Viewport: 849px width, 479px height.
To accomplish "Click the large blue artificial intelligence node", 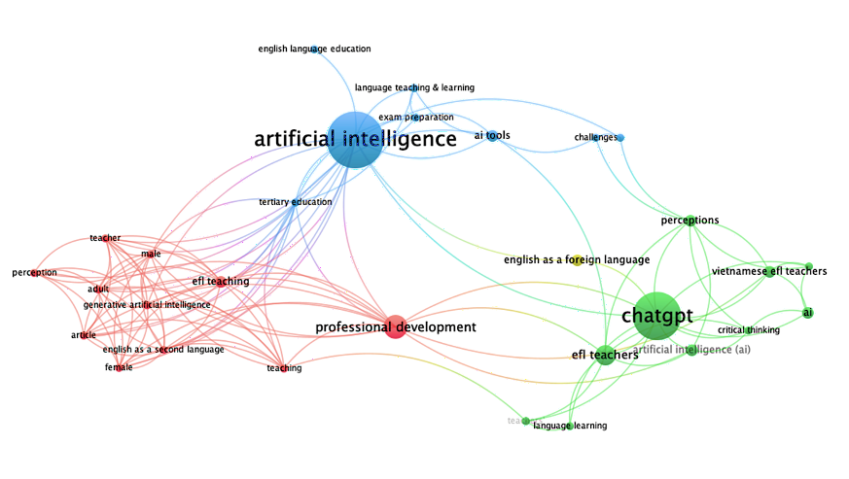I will [354, 140].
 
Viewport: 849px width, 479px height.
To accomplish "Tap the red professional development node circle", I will [395, 327].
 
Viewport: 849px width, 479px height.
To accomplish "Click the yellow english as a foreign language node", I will [577, 259].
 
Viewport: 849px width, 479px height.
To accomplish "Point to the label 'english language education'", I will [314, 49].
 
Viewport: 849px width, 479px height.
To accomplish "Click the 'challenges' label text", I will [595, 137].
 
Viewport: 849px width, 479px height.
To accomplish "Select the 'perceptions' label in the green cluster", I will [690, 221].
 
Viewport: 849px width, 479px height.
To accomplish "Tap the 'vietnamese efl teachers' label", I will [768, 271].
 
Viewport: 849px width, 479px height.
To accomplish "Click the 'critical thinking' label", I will [749, 330].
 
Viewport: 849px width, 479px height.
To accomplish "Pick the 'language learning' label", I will [570, 426].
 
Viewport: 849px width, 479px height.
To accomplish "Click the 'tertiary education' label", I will [296, 202].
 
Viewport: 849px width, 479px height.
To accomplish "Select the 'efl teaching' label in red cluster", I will [221, 282].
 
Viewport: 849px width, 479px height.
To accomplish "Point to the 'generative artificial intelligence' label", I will [147, 305].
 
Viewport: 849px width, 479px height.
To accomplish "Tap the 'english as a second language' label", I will [163, 350].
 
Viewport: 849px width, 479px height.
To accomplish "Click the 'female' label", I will [119, 367].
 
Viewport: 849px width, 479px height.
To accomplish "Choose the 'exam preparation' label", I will [416, 118].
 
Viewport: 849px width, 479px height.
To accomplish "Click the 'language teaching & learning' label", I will [414, 87].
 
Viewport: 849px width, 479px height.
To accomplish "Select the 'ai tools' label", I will [492, 135].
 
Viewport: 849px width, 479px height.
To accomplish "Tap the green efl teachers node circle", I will [604, 355].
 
